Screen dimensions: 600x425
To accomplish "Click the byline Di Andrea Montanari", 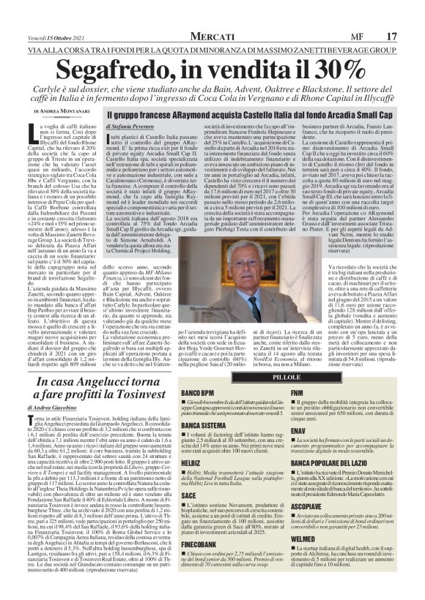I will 61,110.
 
